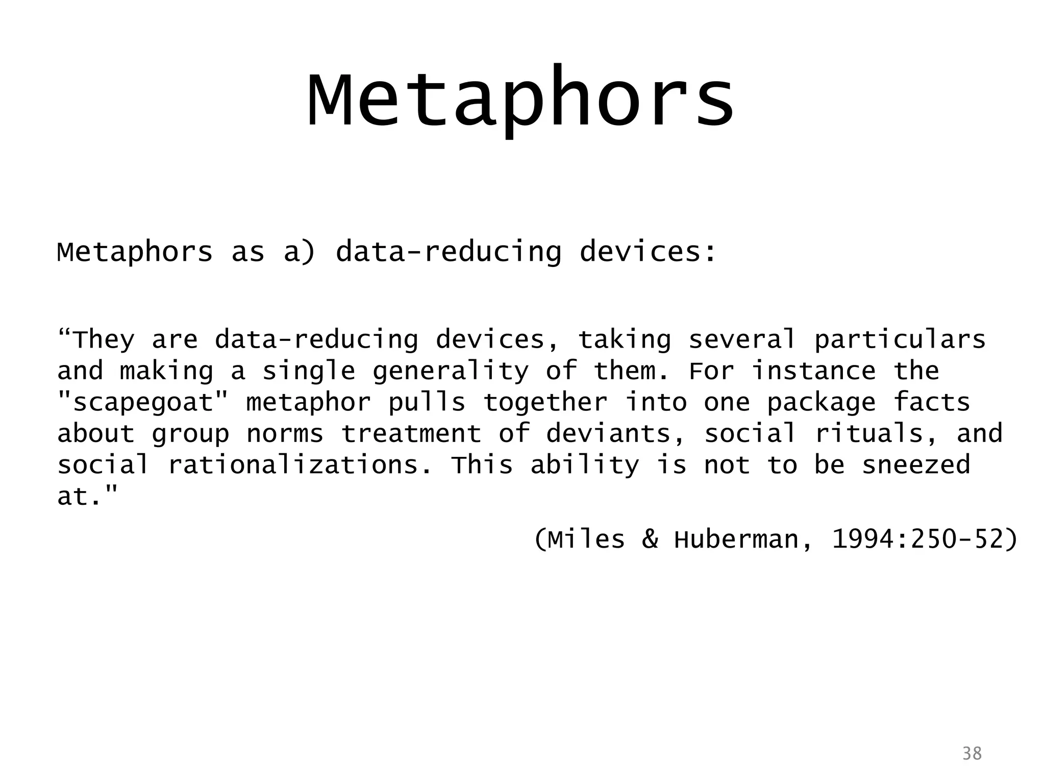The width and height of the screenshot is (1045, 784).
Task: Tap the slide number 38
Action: click(972, 753)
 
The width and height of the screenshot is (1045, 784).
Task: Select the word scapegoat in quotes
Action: click(143, 403)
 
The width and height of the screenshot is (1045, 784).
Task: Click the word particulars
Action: click(900, 340)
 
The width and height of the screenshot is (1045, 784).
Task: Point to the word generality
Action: click(451, 372)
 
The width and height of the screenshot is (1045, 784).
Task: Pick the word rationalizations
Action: click(300, 465)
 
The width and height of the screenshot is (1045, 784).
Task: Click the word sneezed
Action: click(916, 465)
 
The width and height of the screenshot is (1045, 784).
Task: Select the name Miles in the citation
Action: click(587, 540)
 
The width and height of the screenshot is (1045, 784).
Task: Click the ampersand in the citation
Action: click(650, 540)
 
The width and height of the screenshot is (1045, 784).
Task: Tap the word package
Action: click(822, 403)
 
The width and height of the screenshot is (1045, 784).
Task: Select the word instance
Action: click(813, 371)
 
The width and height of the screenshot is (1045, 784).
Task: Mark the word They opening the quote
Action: click(104, 340)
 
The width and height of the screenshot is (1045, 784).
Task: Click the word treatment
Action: click(411, 434)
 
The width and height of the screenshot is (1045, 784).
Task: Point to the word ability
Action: click(584, 465)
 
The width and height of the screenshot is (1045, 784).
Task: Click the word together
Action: click(545, 403)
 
